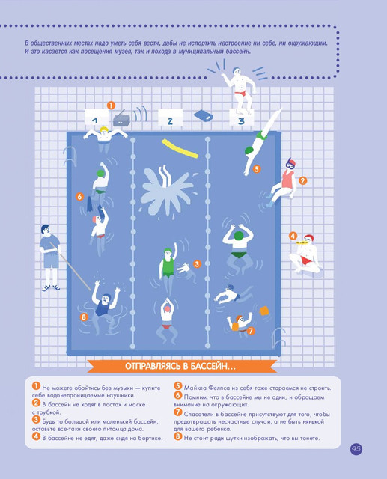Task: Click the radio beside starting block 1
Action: pyautogui.click(x=121, y=119)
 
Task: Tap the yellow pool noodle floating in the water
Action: pyautogui.click(x=180, y=149)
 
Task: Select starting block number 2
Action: pyautogui.click(x=170, y=118)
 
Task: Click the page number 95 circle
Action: pyautogui.click(x=356, y=449)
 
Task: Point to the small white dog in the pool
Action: pyautogui.click(x=184, y=268)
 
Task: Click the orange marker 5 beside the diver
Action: pyautogui.click(x=257, y=168)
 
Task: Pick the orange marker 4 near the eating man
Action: pyautogui.click(x=293, y=236)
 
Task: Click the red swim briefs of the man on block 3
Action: pyautogui.click(x=241, y=93)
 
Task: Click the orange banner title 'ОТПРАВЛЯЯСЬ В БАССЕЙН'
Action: pyautogui.click(x=180, y=366)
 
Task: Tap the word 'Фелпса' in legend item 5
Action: pyautogui.click(x=219, y=388)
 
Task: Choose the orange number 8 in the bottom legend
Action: pyautogui.click(x=177, y=436)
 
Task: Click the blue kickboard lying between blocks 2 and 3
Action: pyautogui.click(x=203, y=116)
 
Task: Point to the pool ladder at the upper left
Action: pyautogui.click(x=70, y=156)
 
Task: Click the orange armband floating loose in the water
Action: pyautogui.click(x=264, y=312)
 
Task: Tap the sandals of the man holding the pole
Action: pyautogui.click(x=51, y=287)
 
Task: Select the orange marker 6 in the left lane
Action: pyautogui.click(x=80, y=196)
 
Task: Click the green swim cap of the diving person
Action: pyautogui.click(x=249, y=150)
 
